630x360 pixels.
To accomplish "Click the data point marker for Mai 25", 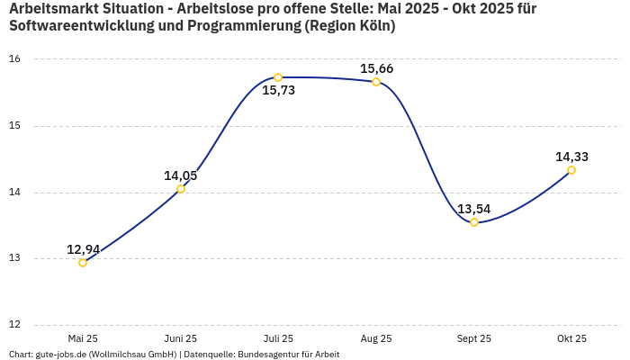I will coord(83,263).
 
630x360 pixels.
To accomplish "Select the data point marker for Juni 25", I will coord(181,189).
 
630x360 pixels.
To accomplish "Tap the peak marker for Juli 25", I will coord(278,77).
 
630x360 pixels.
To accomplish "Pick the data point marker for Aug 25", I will coord(376,82).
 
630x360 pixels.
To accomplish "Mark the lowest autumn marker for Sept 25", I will coord(474,222).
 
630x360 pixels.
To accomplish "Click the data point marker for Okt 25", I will coord(571,170).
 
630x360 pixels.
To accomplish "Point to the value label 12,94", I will coord(83,249).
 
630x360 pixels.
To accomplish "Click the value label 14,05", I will coord(180,175).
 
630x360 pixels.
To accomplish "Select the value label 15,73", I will coord(278,90).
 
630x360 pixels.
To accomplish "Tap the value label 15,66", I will coord(376,68).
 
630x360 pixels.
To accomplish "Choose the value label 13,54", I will coord(473,209).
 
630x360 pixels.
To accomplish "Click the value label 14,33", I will coord(571,157).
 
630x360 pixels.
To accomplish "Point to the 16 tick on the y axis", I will coord(14,59).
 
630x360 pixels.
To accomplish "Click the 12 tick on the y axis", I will coord(14,325).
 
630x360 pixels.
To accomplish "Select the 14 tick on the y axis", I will coord(14,193).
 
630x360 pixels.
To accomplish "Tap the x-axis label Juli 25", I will coord(278,338).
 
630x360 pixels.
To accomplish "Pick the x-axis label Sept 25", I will coord(473,338).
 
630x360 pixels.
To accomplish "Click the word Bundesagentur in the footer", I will coord(269,355).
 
